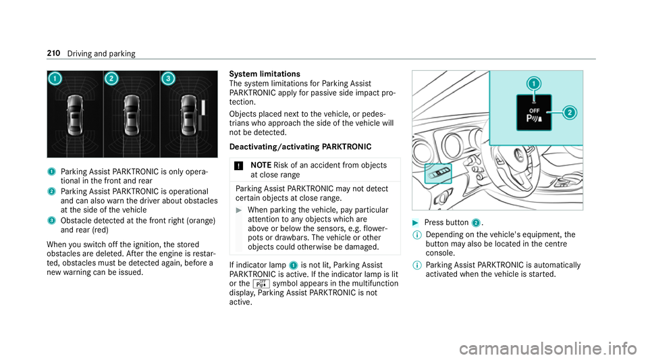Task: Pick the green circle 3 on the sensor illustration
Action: coord(167,79)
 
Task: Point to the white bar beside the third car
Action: coord(202,110)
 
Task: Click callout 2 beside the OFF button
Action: coord(570,113)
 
